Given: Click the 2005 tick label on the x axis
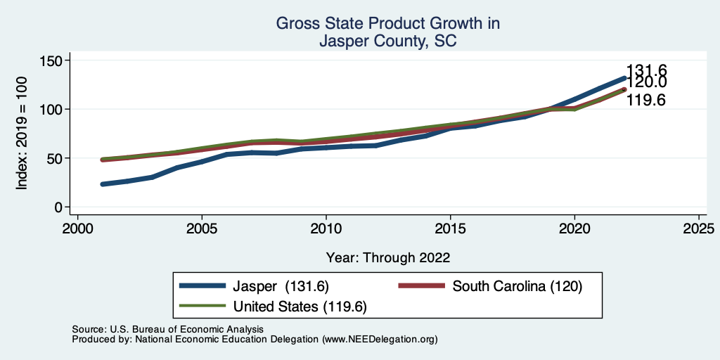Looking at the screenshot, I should pyautogui.click(x=202, y=229).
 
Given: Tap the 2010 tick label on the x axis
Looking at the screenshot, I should pyautogui.click(x=326, y=229).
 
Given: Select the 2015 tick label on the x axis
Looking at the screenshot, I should pyautogui.click(x=450, y=229).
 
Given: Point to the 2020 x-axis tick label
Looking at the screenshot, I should pyautogui.click(x=574, y=229).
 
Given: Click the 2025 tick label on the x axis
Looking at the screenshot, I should pyautogui.click(x=699, y=229).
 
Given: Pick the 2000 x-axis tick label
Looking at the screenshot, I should pyautogui.click(x=77, y=229).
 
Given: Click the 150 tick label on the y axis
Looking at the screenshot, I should pyautogui.click(x=50, y=60).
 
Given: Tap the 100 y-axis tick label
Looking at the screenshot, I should pyautogui.click(x=50, y=110).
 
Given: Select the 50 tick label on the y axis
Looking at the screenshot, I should pyautogui.click(x=53, y=158).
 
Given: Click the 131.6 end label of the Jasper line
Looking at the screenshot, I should pyautogui.click(x=646, y=70).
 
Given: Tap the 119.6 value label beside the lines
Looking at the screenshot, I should pyautogui.click(x=646, y=101).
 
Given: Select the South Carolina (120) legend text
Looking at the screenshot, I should pyautogui.click(x=517, y=286).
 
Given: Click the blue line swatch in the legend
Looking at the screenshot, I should pyautogui.click(x=203, y=286).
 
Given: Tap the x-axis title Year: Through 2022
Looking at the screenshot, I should pyautogui.click(x=388, y=257).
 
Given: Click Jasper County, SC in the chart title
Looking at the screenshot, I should pyautogui.click(x=388, y=41).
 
